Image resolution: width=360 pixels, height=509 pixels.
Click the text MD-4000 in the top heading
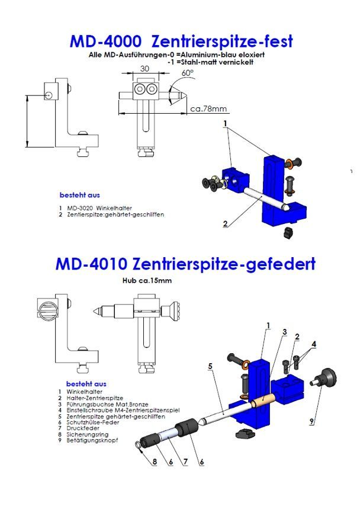105,41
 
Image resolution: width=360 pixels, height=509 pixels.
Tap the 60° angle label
188,73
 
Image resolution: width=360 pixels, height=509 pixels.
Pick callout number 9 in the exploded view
313,422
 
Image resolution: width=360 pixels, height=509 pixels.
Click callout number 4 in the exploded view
314,343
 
